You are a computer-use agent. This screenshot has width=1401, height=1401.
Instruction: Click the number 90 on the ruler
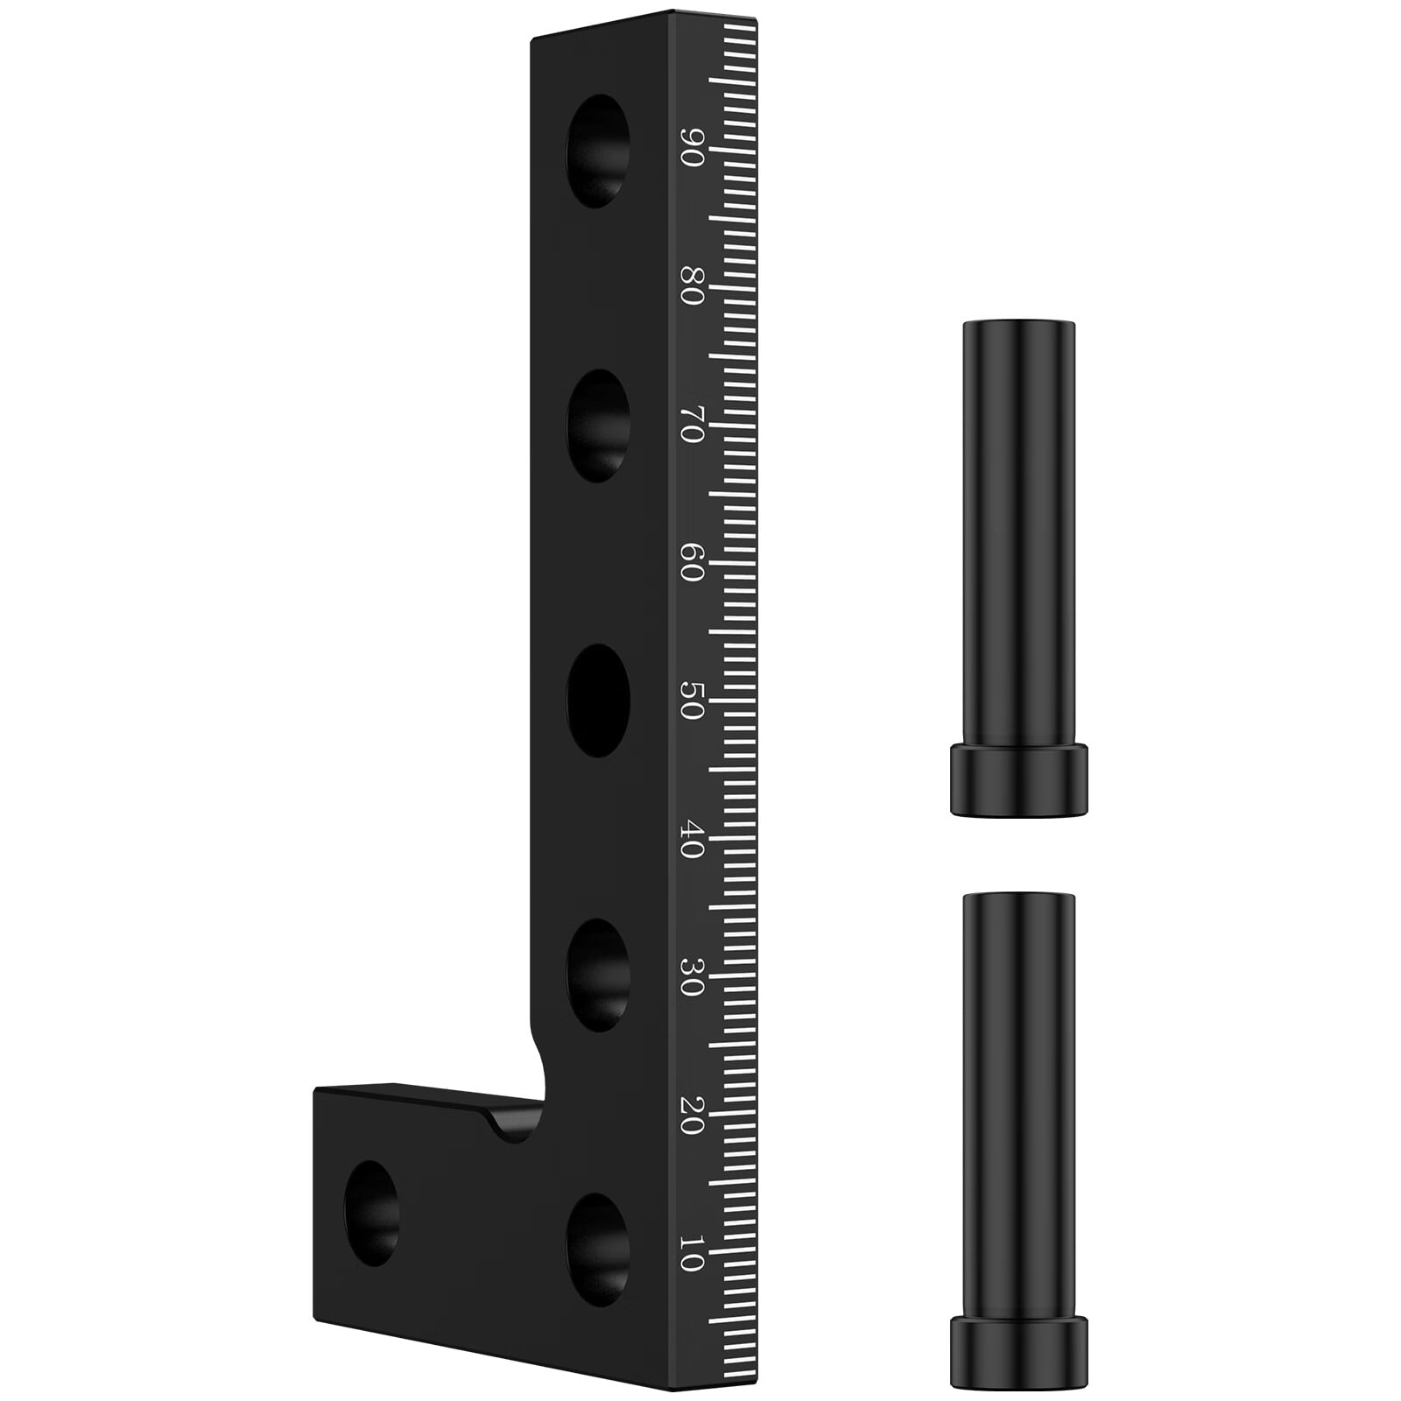pyautogui.click(x=692, y=149)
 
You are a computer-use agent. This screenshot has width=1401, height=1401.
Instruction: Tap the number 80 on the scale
pyautogui.click(x=692, y=286)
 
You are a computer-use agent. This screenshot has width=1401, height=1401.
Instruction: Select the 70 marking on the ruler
pyautogui.click(x=692, y=425)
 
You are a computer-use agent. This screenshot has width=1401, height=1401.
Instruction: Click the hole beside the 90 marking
pyautogui.click(x=598, y=151)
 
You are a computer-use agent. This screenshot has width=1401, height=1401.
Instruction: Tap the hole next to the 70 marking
pyautogui.click(x=598, y=426)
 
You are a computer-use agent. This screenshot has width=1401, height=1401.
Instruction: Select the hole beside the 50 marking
pyautogui.click(x=598, y=700)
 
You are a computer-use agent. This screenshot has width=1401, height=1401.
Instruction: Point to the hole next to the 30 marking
pyautogui.click(x=598, y=975)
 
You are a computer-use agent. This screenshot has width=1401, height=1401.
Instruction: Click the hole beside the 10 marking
pyautogui.click(x=598, y=1250)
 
